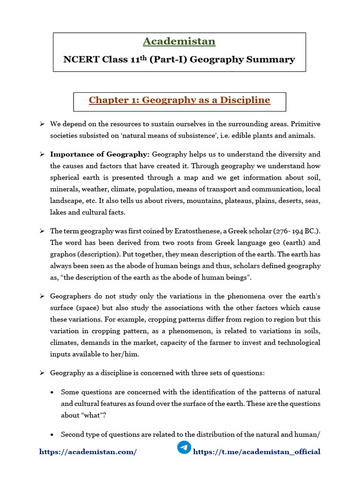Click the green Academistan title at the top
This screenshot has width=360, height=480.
click(x=179, y=41)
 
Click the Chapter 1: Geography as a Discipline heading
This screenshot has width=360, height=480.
click(x=180, y=100)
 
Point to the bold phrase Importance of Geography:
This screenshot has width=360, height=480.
click(x=100, y=154)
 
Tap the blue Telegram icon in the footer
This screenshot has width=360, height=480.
click(x=184, y=447)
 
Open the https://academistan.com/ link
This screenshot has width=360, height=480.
click(x=88, y=452)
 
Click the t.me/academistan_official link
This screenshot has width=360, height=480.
click(x=257, y=452)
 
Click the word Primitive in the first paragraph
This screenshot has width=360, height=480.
click(x=305, y=124)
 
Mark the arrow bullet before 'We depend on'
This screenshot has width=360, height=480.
click(x=42, y=124)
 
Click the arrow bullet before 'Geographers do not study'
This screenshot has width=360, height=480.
click(x=42, y=296)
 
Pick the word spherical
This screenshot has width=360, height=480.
click(x=66, y=178)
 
